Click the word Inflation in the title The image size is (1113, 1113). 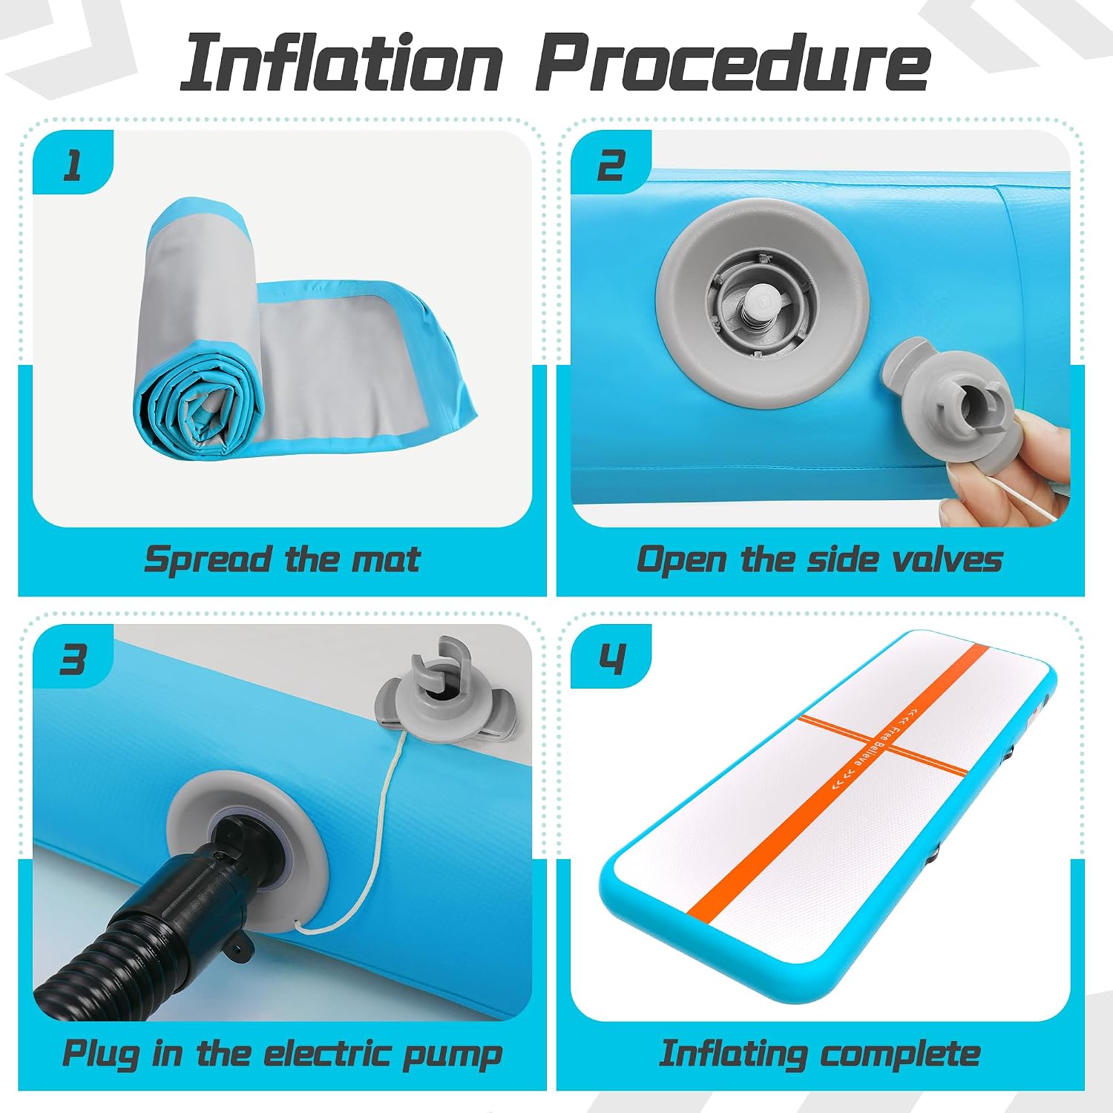click(342, 62)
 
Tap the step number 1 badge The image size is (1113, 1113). click(73, 164)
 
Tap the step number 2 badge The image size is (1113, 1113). click(611, 164)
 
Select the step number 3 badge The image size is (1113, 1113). click(73, 657)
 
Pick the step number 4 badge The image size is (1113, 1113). click(611, 657)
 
